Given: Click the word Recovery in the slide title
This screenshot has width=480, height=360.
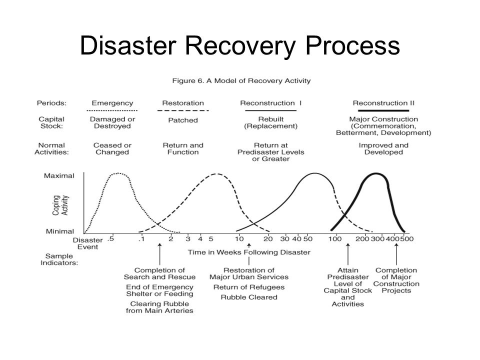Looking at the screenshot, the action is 239,46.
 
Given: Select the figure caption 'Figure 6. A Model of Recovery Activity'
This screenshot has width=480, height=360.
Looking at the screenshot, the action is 241,81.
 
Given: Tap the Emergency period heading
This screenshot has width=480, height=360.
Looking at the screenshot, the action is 112,103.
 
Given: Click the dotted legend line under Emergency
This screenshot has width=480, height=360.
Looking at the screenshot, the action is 112,110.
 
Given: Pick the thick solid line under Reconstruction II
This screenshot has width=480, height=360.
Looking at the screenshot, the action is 383,110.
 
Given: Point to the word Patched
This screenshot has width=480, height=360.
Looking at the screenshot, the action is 183,120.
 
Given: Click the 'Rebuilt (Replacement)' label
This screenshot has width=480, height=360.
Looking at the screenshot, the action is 271,122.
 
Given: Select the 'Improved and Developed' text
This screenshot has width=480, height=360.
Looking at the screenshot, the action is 383,149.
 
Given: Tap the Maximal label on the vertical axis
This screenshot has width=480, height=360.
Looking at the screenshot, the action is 59,175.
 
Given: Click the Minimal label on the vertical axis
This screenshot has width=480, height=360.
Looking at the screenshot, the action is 60,231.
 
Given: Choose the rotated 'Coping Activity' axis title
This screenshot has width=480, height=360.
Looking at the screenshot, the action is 60,205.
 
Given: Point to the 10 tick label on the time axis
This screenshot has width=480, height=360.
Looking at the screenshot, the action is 239,239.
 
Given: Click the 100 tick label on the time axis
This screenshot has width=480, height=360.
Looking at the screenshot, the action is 335,239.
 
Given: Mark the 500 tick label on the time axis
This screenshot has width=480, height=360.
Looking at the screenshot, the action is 407,239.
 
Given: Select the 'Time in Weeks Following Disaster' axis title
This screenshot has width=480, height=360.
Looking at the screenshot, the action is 249,252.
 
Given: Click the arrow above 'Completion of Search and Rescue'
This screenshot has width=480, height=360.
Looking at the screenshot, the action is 159,254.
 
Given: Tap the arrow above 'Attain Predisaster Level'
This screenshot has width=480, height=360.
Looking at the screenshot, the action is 348,254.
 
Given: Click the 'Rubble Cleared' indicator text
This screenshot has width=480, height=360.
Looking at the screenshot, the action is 249,297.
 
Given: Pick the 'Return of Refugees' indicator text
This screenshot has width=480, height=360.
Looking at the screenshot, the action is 249,287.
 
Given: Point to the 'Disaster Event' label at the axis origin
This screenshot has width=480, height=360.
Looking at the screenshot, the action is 87,243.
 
